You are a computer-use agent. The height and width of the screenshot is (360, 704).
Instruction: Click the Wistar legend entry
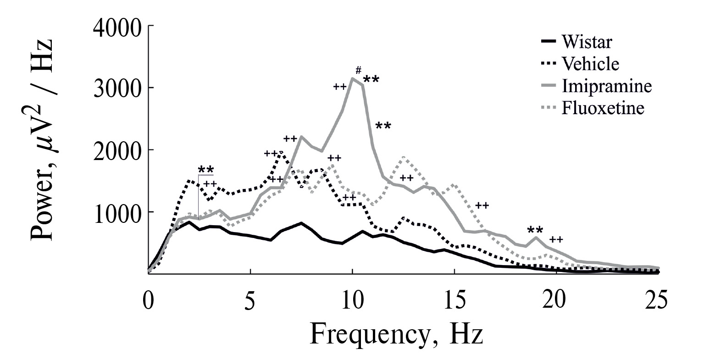(586, 43)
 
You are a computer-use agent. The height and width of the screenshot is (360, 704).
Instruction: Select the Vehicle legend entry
(589, 64)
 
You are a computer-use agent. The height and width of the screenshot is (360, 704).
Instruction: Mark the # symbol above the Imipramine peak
(359, 70)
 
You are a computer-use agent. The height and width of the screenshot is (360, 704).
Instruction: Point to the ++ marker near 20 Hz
(556, 239)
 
